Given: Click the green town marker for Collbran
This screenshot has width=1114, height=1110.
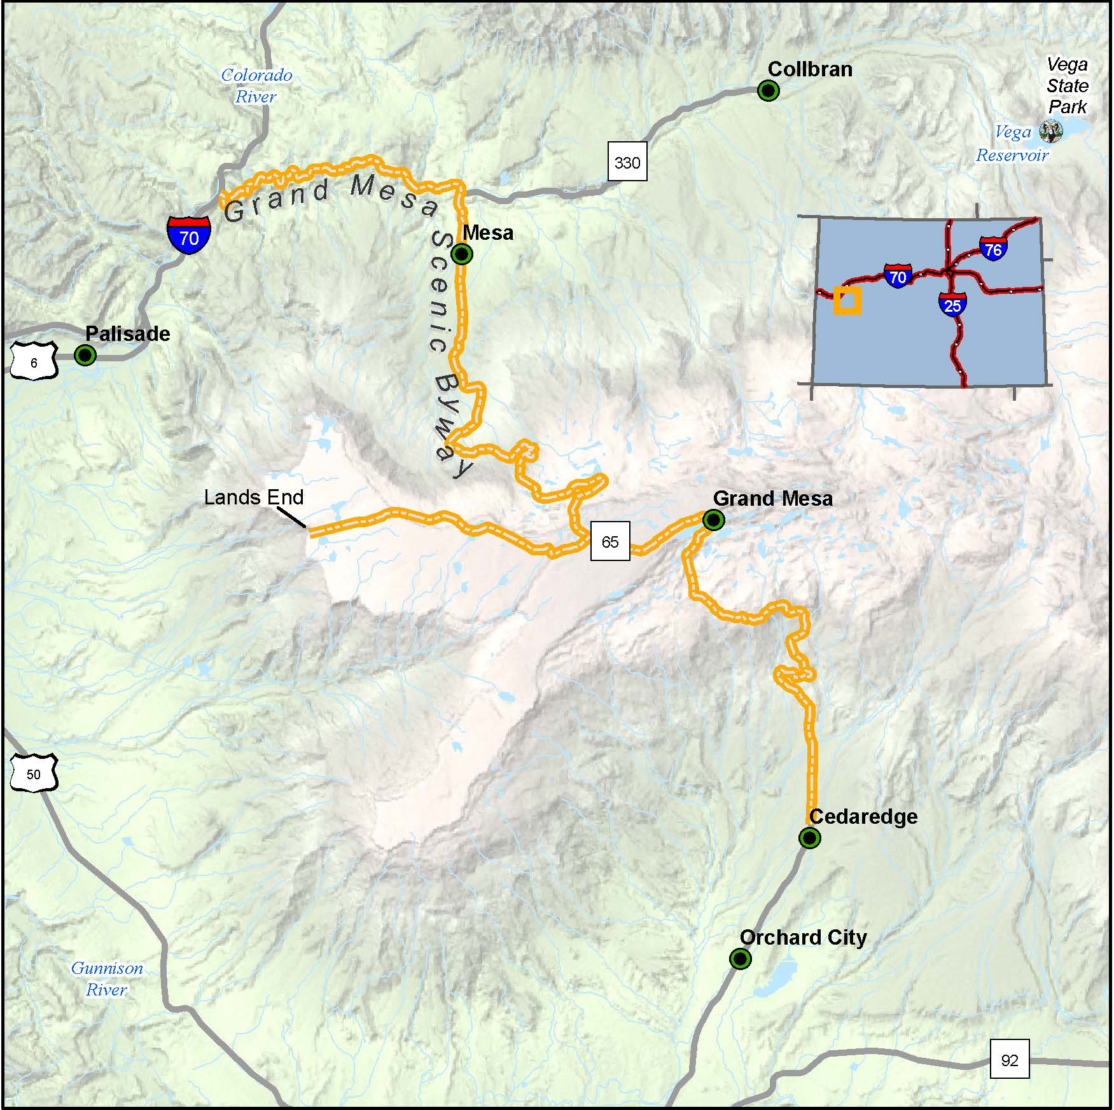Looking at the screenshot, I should (x=769, y=91).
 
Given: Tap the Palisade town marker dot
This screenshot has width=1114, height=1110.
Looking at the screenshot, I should (x=85, y=355).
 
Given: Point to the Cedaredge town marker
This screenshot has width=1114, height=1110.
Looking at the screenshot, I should (x=809, y=838).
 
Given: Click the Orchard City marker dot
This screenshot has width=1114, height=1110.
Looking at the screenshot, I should (x=740, y=958).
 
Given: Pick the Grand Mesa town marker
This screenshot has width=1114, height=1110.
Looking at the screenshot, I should (x=714, y=520).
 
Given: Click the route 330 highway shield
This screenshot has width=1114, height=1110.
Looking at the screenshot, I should (x=627, y=163).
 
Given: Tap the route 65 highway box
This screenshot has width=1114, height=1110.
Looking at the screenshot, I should (x=610, y=541).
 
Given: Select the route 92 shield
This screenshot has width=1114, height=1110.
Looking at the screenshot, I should (x=1010, y=1060).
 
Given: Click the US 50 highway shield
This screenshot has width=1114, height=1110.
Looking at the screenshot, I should (x=34, y=774).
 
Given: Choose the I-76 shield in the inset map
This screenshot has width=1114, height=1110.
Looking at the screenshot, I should (x=992, y=248).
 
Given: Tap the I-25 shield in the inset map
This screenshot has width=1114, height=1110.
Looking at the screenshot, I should (x=952, y=304).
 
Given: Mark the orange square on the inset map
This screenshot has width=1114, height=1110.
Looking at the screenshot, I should (x=847, y=300).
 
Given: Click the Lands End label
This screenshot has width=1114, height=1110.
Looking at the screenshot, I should (x=253, y=497).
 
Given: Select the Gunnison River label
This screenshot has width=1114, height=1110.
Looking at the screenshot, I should (x=107, y=979).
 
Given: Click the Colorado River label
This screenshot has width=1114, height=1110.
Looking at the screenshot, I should (x=256, y=86).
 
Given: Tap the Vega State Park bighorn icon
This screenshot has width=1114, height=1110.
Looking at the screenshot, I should (x=1050, y=132).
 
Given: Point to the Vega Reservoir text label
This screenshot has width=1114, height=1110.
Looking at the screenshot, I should (x=1012, y=144).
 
